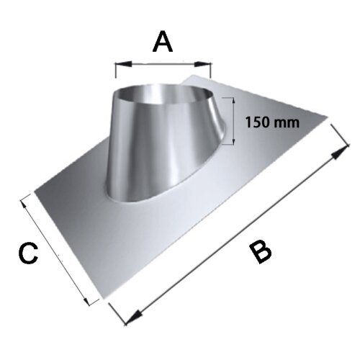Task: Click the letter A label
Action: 163,41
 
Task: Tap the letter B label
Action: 260,253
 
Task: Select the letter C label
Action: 28,253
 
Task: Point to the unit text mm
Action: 286,123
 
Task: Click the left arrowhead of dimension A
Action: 123,64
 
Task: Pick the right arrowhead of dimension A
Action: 202,64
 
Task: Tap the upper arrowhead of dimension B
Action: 340,152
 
